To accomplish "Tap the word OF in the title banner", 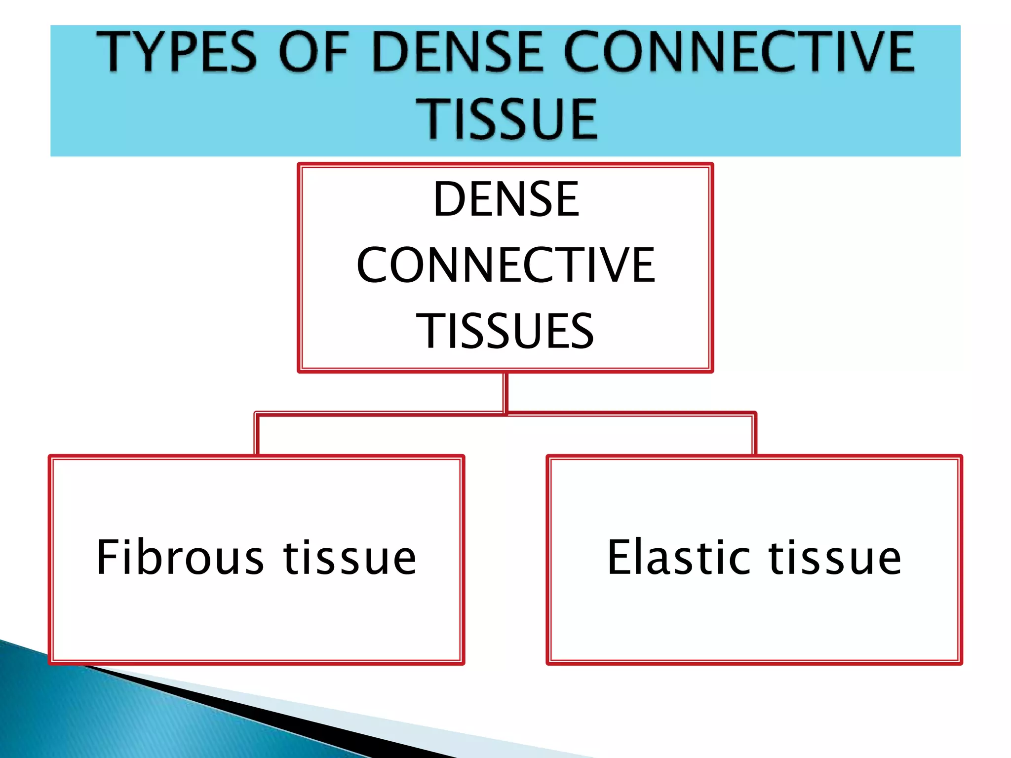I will point(314,52).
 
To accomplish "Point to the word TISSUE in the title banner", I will point(506,118).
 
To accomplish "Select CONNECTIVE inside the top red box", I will point(506,265).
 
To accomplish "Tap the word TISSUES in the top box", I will point(505,331).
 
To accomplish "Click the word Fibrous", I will point(180,558).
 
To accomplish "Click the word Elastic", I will point(681,558).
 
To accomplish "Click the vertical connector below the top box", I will point(505,392).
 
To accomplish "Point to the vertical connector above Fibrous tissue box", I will point(256,434).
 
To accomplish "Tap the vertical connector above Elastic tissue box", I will point(754,434).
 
